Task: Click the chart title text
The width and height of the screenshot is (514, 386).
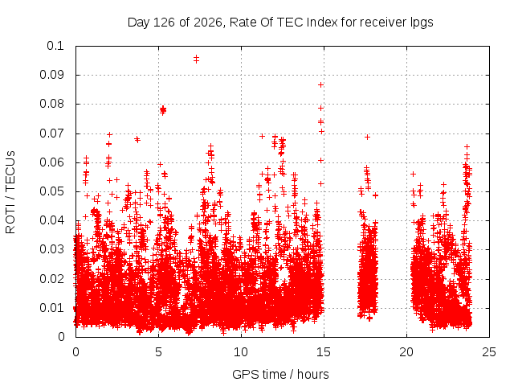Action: pos(280,23)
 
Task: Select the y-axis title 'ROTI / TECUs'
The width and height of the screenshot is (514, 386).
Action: pos(10,192)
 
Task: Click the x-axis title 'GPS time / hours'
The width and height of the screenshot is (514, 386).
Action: pos(280,375)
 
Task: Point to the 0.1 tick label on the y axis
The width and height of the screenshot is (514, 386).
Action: pos(55,46)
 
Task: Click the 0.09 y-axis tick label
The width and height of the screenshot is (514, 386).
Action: pos(51,75)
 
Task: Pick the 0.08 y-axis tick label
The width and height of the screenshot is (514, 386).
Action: pos(51,104)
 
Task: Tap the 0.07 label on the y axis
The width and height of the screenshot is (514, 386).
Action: pos(51,133)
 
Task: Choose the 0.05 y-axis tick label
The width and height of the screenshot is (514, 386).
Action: pos(51,191)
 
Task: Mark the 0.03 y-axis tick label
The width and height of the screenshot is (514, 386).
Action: pos(51,249)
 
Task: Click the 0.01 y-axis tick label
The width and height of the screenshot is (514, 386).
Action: pos(51,308)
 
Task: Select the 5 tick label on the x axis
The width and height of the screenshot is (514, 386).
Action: pos(159,352)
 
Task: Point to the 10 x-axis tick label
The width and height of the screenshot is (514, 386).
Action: pos(241,352)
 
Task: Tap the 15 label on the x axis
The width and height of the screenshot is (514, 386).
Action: pos(324,352)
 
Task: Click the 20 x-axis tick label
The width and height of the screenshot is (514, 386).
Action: pos(406,352)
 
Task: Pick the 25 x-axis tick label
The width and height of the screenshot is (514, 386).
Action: pos(489,352)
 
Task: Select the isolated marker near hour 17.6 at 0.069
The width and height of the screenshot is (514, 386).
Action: pos(368,138)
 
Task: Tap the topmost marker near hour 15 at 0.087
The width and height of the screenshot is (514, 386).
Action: pos(321,85)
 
